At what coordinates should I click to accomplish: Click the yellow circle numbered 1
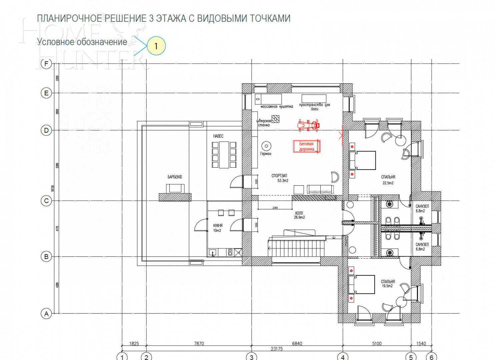156,46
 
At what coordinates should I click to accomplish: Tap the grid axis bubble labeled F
46,63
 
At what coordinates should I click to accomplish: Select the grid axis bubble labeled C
46,201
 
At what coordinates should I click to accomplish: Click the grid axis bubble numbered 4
343,357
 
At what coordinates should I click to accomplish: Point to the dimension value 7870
199,343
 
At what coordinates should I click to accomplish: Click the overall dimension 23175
277,349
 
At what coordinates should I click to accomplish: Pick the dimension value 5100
377,343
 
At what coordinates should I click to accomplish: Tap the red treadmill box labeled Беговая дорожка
307,147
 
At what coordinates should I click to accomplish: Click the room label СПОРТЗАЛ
279,176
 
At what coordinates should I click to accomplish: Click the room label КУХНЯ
218,226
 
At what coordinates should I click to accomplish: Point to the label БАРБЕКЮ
175,177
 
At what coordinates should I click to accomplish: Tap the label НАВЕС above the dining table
218,136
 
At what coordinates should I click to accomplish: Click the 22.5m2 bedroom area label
388,183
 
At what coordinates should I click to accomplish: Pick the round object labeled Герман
266,146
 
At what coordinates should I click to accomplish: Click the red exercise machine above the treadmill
308,125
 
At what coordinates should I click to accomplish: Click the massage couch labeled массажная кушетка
268,99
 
